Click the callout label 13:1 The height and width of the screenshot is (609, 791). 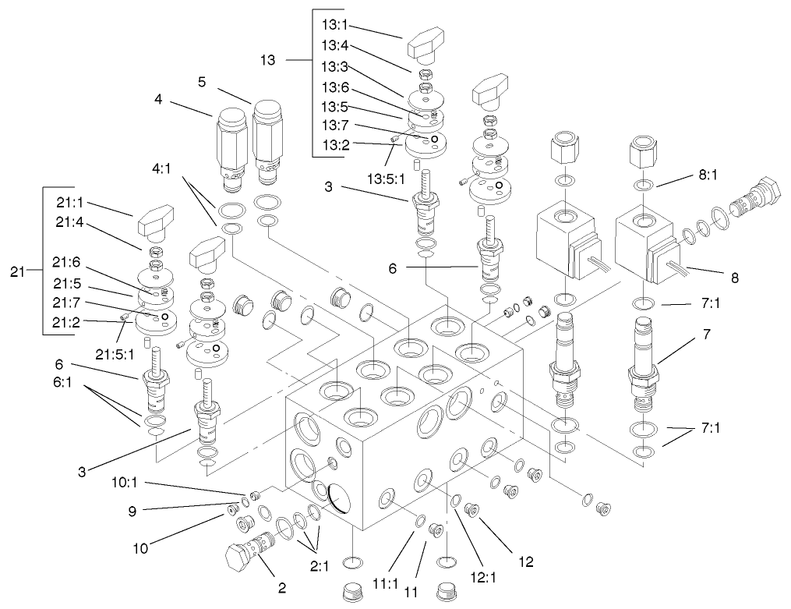(x=335, y=23)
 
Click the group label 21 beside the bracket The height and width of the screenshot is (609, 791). (x=17, y=272)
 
